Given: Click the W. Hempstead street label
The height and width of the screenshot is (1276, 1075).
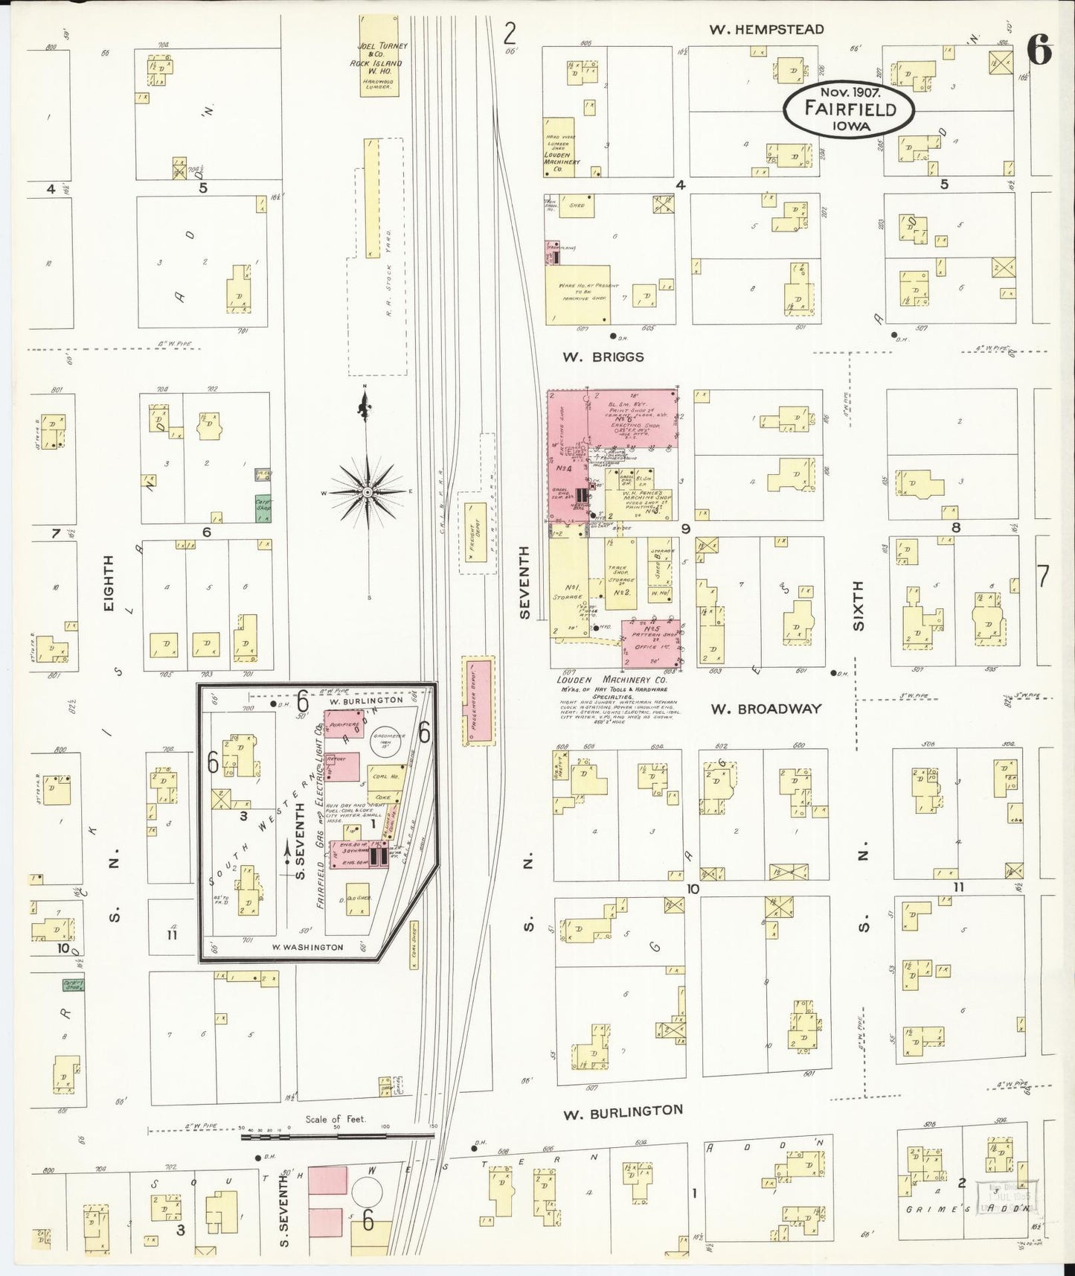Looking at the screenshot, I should click(766, 30).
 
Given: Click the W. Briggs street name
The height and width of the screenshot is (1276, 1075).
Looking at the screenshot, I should click(603, 357).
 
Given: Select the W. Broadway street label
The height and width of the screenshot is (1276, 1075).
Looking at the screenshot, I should click(766, 708).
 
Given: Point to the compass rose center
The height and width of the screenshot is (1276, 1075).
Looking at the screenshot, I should click(368, 492).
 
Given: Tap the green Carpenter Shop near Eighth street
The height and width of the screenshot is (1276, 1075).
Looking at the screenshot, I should click(263, 505).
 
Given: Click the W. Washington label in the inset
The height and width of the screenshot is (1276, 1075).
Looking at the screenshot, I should click(307, 947).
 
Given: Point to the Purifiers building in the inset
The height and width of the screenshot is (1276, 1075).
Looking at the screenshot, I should click(344, 724).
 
